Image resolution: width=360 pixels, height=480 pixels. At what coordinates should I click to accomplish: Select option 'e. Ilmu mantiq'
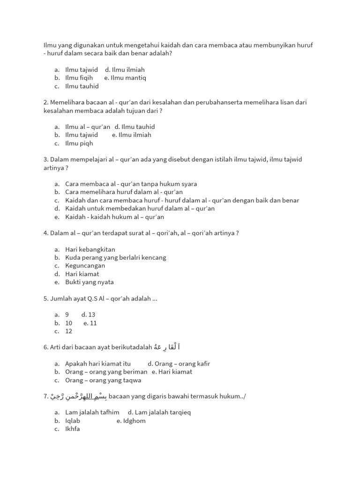125,78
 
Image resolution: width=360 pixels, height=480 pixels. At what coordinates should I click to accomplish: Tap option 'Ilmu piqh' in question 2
79,143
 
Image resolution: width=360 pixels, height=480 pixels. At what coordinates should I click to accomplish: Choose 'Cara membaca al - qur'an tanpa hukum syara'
131,184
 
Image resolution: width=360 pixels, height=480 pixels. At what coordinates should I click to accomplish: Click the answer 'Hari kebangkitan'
90,249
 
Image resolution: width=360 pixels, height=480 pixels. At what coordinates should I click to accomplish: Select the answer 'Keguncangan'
85,266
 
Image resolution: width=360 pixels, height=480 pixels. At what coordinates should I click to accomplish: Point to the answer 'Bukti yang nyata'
89,282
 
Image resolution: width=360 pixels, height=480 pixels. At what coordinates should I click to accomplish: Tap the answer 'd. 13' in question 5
88,315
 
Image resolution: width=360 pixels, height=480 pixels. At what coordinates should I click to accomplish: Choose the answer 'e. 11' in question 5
90,323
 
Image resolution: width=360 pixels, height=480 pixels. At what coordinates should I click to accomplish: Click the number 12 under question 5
69,331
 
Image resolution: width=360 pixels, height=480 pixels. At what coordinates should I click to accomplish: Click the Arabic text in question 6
167,347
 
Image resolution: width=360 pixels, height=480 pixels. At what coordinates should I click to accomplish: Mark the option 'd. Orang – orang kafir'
179,364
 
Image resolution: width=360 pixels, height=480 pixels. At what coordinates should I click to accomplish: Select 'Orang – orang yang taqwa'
103,380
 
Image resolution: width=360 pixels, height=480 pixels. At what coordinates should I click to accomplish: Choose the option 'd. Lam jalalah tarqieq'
159,412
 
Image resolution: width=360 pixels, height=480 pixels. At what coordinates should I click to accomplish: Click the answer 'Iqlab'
73,421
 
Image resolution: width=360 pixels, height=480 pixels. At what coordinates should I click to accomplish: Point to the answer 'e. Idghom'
131,421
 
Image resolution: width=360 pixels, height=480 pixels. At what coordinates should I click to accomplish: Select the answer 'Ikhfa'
73,429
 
